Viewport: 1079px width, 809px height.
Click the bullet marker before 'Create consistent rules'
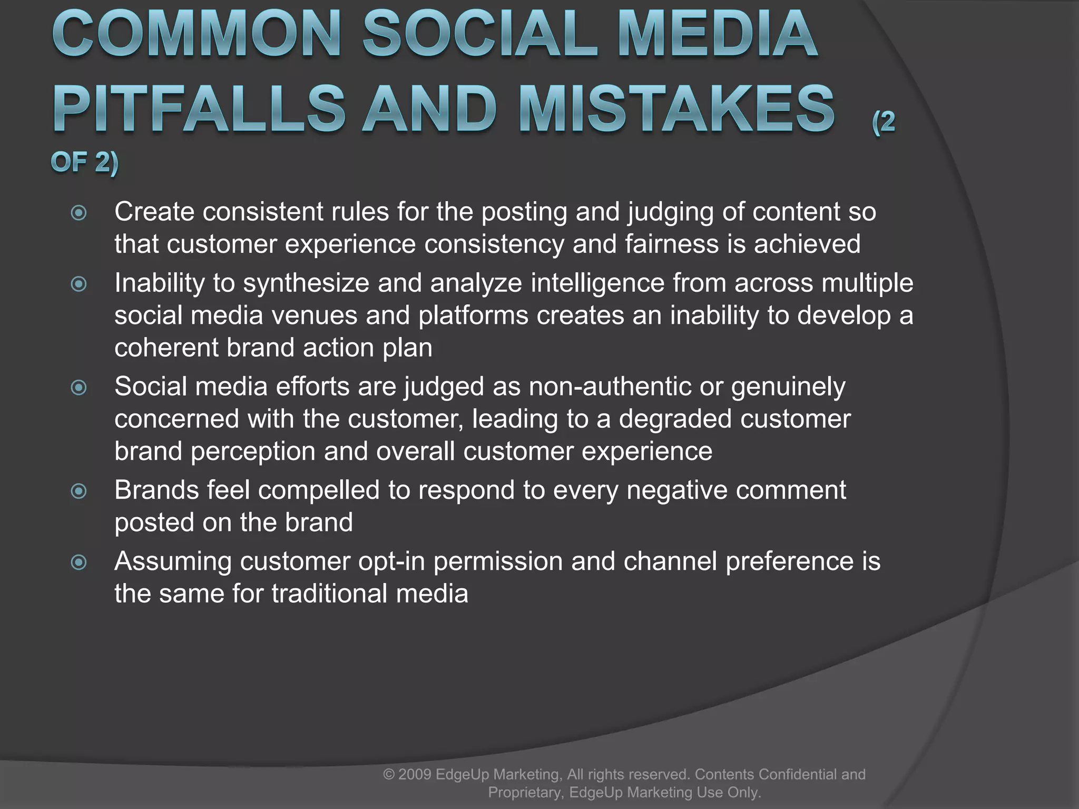click(79, 213)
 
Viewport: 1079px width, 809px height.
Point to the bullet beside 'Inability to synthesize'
click(79, 284)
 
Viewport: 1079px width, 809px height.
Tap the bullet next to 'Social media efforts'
click(79, 388)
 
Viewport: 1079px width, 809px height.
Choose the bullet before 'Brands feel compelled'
click(79, 491)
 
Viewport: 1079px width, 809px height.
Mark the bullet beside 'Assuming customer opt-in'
click(79, 563)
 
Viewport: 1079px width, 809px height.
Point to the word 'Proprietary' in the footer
click(525, 792)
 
